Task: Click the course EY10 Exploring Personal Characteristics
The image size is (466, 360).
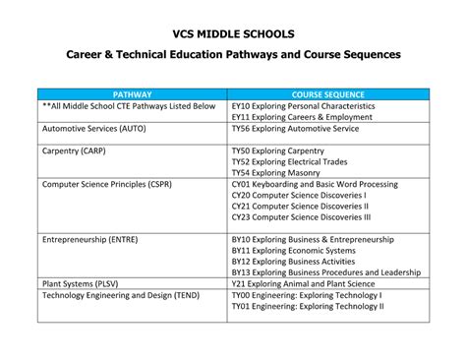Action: coord(303,105)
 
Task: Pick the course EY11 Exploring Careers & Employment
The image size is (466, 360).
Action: coord(301,116)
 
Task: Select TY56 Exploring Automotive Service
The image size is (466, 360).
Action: coord(294,128)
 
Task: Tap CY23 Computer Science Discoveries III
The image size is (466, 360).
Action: coord(300,216)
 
